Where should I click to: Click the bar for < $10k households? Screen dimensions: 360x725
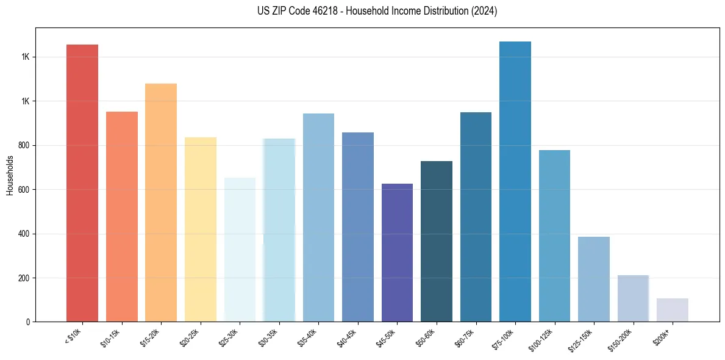tap(82, 183)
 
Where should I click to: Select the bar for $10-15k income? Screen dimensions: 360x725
tap(121, 217)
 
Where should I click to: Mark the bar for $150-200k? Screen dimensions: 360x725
tap(633, 298)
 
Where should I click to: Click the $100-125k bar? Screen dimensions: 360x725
tap(554, 236)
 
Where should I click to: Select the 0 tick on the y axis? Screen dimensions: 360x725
tap(29, 322)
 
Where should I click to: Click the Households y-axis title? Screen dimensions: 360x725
tap(10, 175)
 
